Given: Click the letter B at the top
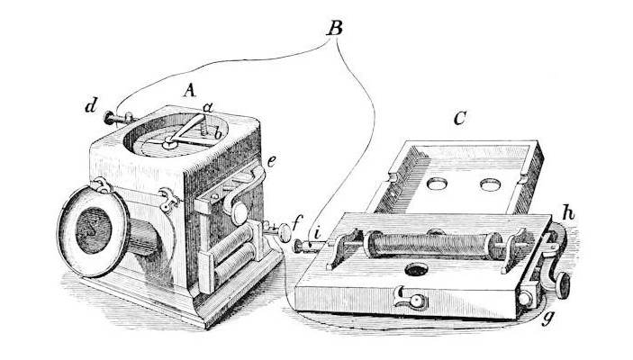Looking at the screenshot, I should (334, 28).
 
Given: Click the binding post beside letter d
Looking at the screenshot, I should (116, 116).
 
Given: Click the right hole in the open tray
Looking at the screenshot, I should (491, 185).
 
